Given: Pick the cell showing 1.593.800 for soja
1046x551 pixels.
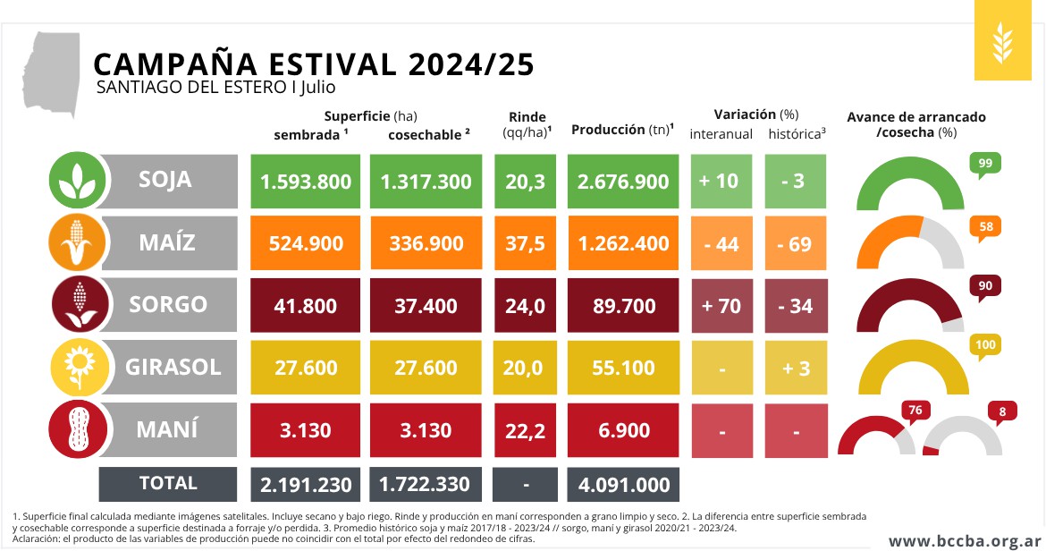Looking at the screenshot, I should coord(306,182).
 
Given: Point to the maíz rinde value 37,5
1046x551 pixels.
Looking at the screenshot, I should coord(526,243).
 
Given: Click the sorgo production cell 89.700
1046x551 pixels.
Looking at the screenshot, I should coord(623,306).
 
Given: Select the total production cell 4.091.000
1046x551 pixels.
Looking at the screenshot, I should coord(623,484).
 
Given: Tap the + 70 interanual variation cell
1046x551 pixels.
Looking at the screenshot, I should coord(721,306).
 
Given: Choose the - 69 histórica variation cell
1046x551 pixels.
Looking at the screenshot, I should coord(795,243).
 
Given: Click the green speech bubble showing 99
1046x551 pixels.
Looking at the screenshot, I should coord(985,164).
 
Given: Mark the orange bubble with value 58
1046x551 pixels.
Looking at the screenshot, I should coord(985,227).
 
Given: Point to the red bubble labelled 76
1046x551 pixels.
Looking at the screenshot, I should coord(915,411).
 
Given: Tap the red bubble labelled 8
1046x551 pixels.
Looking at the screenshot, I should coord(1001,412).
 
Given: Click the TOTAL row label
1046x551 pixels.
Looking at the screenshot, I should coord(168,484).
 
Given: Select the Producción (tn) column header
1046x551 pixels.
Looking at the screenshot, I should coord(622,130).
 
